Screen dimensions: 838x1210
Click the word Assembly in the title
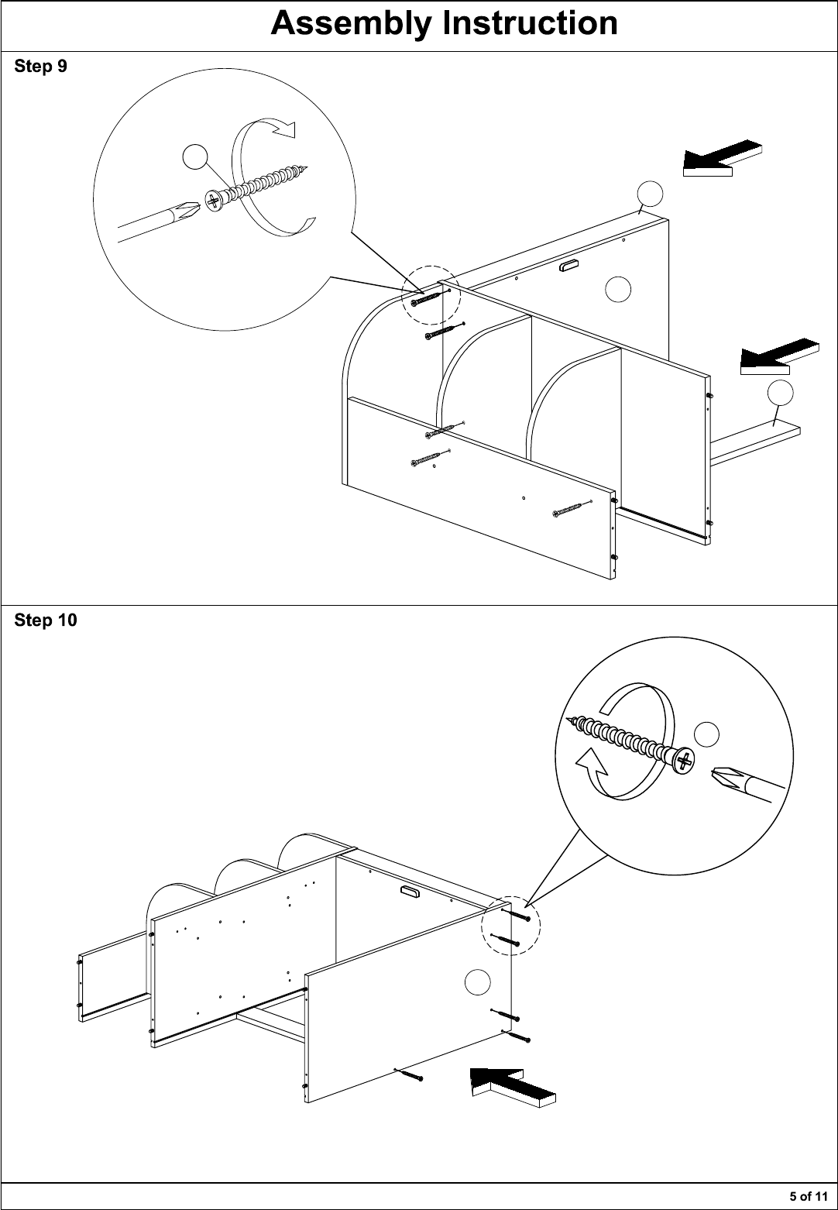point(352,25)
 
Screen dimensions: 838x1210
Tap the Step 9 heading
point(41,66)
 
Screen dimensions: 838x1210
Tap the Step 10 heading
point(46,620)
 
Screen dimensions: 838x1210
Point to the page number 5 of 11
point(809,1196)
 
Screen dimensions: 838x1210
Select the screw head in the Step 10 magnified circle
point(684,761)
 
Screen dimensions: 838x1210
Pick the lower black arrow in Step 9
point(780,356)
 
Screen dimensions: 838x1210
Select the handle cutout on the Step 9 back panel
point(568,265)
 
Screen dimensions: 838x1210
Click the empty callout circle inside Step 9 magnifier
point(195,157)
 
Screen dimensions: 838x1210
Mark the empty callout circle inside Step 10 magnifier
point(706,734)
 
